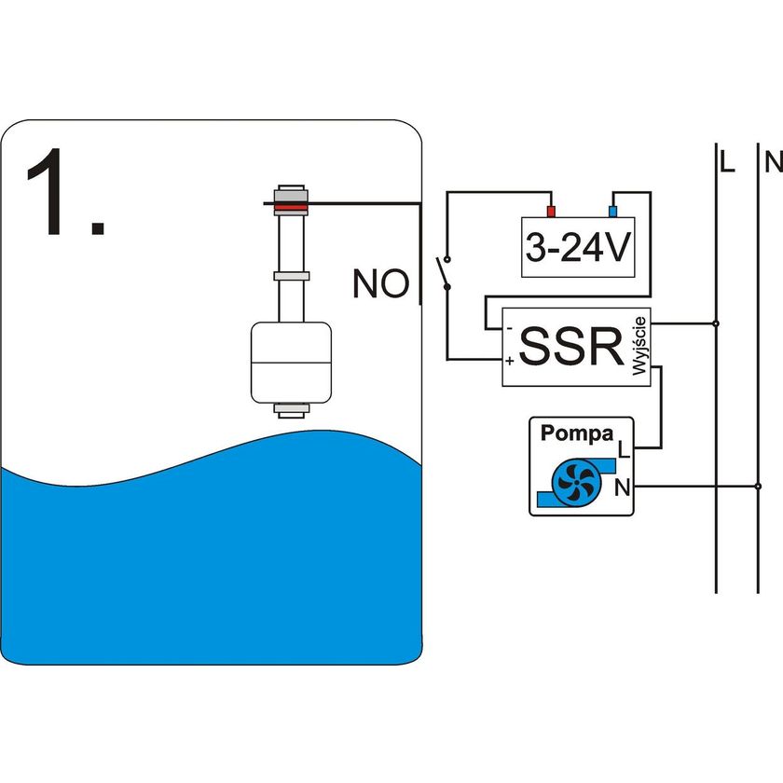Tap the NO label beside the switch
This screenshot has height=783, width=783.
[380, 283]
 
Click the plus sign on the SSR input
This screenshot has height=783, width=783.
[509, 360]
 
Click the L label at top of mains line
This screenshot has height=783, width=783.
[727, 162]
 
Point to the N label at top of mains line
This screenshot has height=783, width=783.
[773, 162]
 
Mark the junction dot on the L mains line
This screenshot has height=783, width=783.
[716, 323]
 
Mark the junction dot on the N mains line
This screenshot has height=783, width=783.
[757, 486]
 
